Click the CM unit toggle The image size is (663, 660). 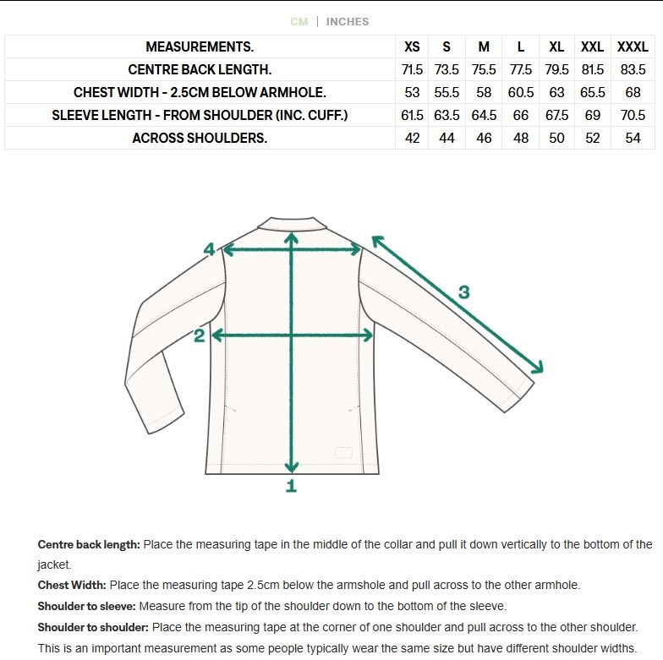[299, 21]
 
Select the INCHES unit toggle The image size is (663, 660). [348, 21]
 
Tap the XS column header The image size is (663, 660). [412, 47]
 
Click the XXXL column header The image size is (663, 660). [633, 47]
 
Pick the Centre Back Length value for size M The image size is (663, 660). [483, 70]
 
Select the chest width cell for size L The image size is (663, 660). [521, 93]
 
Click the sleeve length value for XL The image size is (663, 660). [556, 116]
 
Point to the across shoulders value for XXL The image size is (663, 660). [593, 139]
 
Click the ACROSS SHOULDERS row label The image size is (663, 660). [200, 139]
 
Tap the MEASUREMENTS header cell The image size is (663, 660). [200, 47]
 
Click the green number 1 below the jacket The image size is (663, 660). [292, 486]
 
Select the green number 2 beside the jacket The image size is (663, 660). [200, 336]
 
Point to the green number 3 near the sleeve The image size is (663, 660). [463, 293]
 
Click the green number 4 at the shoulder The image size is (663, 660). [210, 249]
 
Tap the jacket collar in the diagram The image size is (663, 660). [293, 223]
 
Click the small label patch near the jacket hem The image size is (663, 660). [342, 452]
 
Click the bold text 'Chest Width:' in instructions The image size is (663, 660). [72, 585]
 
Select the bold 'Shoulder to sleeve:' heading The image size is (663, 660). [86, 606]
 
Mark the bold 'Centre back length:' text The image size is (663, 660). [89, 544]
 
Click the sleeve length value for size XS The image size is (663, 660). [412, 116]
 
